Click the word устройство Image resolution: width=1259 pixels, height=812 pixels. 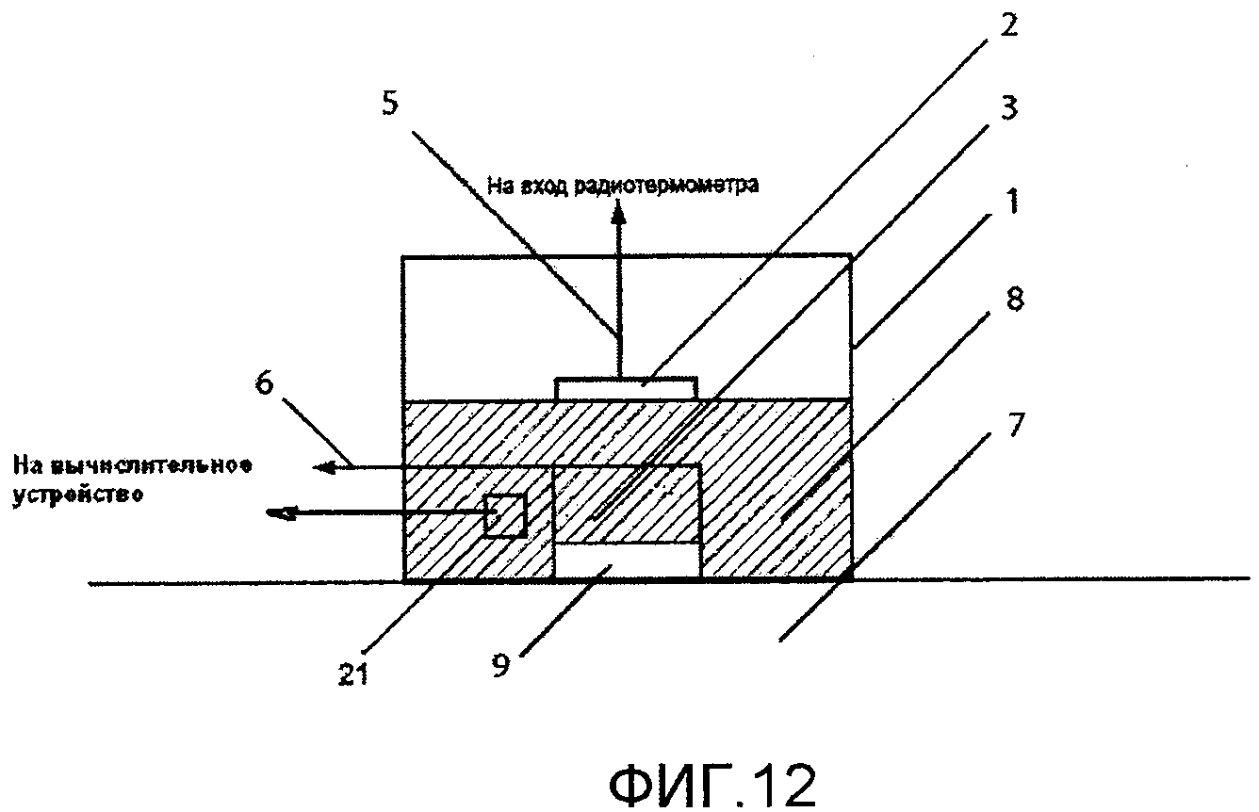click(x=76, y=495)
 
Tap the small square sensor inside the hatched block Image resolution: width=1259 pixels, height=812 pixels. click(x=505, y=515)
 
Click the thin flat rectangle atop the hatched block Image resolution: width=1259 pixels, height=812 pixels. click(x=627, y=387)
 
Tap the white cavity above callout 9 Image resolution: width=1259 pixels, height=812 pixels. click(x=627, y=561)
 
